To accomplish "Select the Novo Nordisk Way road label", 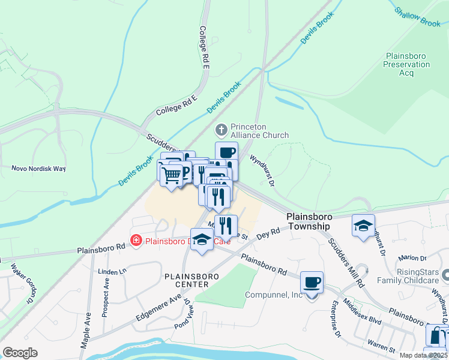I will pyautogui.click(x=38, y=169).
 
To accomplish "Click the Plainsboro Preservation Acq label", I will pyautogui.click(x=406, y=64).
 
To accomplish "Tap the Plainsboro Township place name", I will pyautogui.click(x=309, y=221).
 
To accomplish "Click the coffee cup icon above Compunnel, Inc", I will pyautogui.click(x=312, y=281).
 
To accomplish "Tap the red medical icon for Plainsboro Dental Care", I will pyautogui.click(x=136, y=241).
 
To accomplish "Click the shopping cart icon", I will pyautogui.click(x=172, y=175).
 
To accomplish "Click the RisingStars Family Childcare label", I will pyautogui.click(x=406, y=275).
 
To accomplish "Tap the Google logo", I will pyautogui.click(x=20, y=353).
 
